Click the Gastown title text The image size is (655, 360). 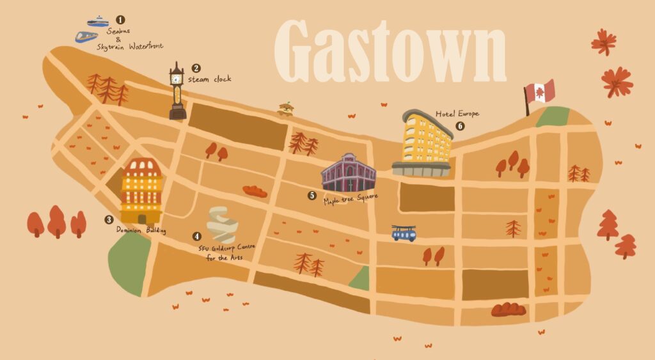point(390,51)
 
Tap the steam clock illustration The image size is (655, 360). point(177,93)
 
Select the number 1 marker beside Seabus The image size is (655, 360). point(120,20)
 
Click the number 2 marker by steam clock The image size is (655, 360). point(196,68)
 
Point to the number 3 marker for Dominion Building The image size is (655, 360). point(109,219)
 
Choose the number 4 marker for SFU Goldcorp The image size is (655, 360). point(196,236)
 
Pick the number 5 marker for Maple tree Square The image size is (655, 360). point(312,196)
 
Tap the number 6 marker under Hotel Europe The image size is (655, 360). point(460,126)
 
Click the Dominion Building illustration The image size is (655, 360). point(141,191)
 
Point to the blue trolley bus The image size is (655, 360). point(404,233)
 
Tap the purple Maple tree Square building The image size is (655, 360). point(349,173)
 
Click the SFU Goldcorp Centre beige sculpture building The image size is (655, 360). point(222,224)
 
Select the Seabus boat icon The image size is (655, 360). point(98,22)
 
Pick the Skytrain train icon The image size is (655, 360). point(86,36)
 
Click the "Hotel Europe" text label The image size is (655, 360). point(457,114)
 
